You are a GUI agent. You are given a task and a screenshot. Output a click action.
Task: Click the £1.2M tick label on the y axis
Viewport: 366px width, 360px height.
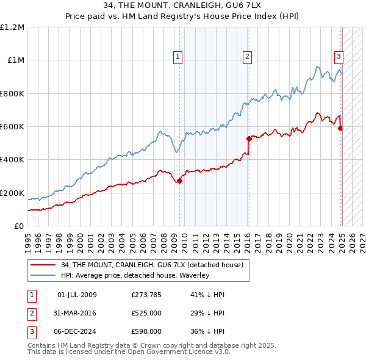coord(12,27)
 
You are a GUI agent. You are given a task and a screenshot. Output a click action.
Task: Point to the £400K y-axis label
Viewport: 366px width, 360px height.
coord(12,160)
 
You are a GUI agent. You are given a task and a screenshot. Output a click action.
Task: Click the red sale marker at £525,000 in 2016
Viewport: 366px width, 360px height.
coord(249,139)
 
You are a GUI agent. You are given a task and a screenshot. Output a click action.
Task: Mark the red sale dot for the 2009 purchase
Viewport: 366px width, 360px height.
coord(179,181)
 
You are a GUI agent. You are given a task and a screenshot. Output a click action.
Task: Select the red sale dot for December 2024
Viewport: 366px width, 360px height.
coord(340,128)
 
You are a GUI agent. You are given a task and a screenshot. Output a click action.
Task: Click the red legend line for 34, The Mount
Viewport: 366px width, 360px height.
coord(43,265)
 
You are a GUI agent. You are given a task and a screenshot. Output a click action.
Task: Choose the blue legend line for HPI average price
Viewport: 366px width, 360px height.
coord(43,275)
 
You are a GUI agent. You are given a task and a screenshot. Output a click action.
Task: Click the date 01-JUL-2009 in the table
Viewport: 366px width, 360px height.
coord(77,295)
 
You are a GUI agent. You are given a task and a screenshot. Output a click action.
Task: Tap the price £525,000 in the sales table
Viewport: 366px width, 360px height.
coord(146,313)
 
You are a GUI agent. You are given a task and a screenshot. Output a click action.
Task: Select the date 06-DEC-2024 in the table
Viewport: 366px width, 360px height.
coord(77,331)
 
